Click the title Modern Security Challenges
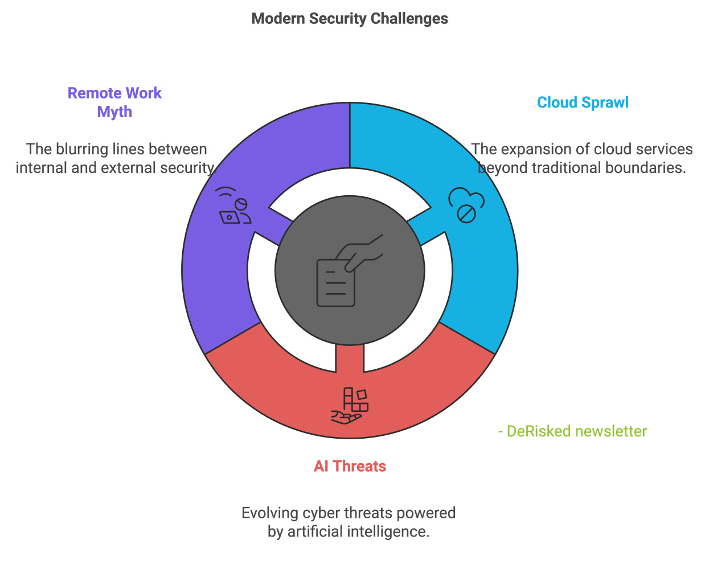[x=350, y=19]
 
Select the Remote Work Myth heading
[x=114, y=102]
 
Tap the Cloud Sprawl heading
[x=583, y=102]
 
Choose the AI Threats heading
[x=350, y=466]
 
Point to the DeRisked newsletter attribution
[x=572, y=431]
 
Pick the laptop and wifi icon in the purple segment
[x=235, y=206]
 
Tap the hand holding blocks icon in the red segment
[x=350, y=406]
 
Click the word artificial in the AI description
[x=322, y=532]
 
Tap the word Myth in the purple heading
[x=114, y=112]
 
